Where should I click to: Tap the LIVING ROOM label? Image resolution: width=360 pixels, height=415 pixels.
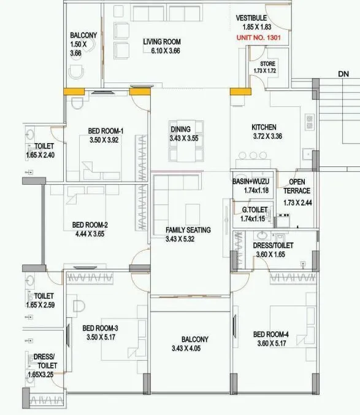click(x=162, y=42)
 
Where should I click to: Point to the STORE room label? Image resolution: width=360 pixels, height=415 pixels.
click(x=267, y=63)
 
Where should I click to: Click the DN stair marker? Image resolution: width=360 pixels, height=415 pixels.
click(x=343, y=74)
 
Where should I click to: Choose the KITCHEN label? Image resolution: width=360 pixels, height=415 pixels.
click(x=264, y=128)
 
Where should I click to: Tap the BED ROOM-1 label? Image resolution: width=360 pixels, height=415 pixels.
click(x=105, y=131)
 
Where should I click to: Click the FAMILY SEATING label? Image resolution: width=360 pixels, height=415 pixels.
click(x=188, y=230)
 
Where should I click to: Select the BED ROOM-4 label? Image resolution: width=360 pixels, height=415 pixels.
click(x=270, y=335)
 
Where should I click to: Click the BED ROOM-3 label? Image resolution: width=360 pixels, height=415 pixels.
click(x=100, y=328)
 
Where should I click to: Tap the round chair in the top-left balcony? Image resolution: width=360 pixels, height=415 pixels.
click(x=77, y=74)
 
